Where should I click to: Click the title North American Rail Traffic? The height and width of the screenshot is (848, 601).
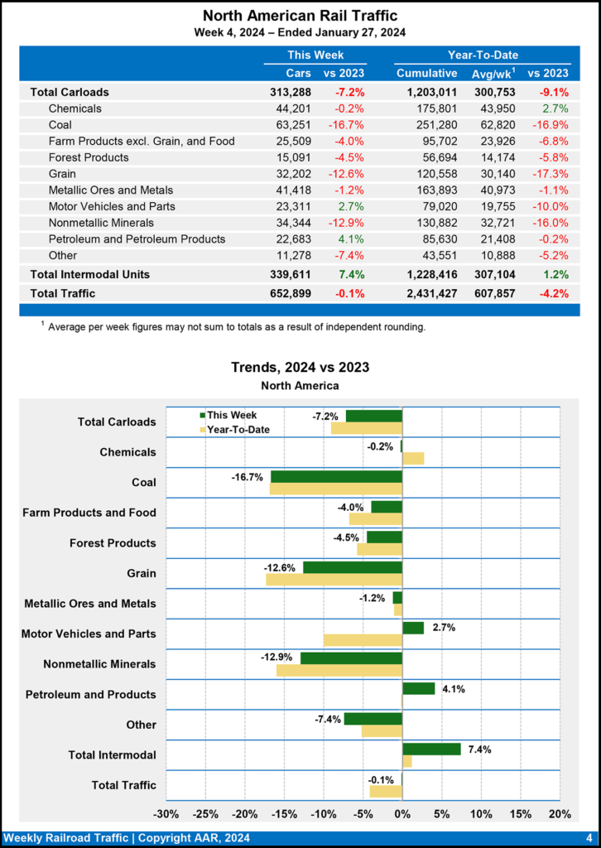[300, 16]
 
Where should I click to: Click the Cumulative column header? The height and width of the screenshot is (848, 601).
[426, 73]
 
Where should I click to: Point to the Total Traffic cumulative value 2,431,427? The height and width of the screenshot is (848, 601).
[425, 293]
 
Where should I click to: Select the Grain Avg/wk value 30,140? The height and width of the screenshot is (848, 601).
[496, 174]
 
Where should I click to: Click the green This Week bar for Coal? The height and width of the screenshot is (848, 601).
[336, 477]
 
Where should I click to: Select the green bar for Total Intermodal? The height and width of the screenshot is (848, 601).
[431, 749]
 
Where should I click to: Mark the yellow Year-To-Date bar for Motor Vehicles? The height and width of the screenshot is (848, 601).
[363, 640]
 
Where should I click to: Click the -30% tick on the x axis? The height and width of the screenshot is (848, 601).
[167, 813]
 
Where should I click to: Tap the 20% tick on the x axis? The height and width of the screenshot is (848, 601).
[559, 813]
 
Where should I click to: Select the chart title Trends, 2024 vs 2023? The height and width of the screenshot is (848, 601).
[300, 367]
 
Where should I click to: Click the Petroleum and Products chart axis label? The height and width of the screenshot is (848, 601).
[90, 694]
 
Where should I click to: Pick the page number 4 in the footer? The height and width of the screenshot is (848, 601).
[589, 838]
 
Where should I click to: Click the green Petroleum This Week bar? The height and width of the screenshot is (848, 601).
[418, 688]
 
